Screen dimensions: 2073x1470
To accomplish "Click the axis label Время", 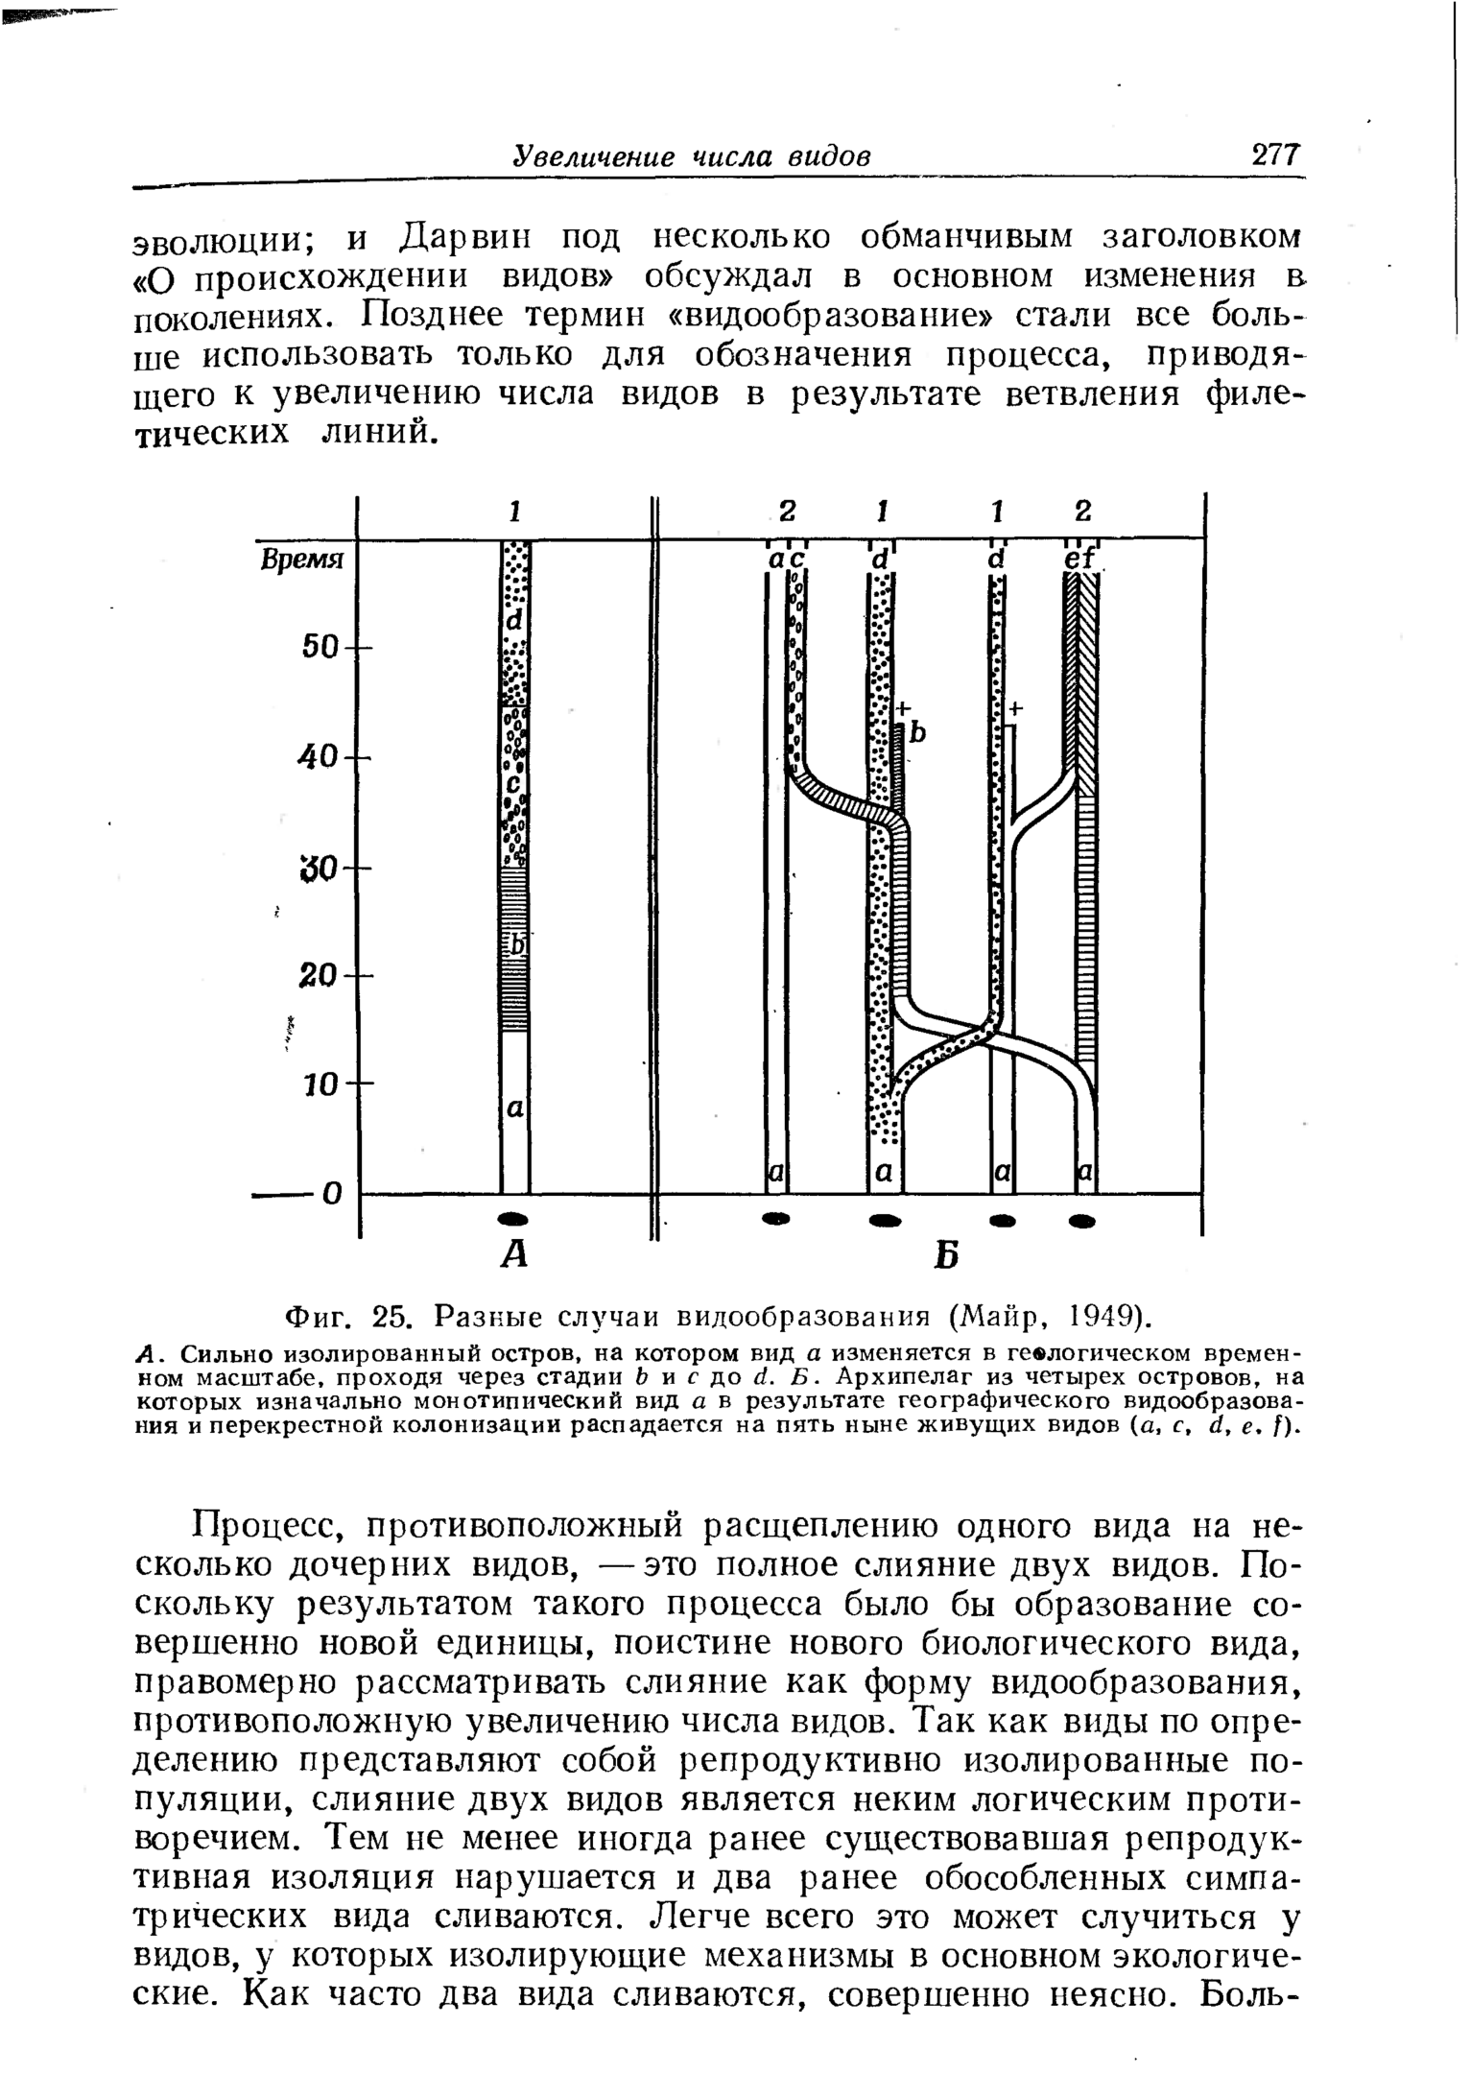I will [x=302, y=560].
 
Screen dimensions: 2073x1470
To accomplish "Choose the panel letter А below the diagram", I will [x=514, y=1253].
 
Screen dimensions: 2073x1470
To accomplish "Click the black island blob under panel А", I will [x=514, y=1218].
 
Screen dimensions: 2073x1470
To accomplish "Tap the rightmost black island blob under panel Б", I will [x=1083, y=1222].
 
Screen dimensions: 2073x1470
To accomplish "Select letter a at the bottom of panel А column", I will [x=514, y=1109].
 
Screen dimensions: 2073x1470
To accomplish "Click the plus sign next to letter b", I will [x=902, y=709].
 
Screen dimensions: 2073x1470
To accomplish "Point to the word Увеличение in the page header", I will [x=592, y=155].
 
